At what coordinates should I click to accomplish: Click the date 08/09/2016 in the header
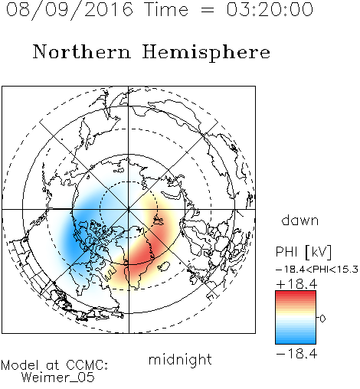(x=70, y=10)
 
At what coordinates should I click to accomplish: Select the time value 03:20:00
(x=270, y=10)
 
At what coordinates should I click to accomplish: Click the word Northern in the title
(x=82, y=51)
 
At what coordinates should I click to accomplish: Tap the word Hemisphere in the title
(x=206, y=53)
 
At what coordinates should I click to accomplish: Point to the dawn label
(x=300, y=220)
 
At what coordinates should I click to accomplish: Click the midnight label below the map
(x=180, y=359)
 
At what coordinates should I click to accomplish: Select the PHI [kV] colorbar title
(x=304, y=252)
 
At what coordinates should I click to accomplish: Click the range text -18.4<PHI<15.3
(x=317, y=270)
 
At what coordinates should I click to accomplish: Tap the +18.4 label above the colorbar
(x=296, y=284)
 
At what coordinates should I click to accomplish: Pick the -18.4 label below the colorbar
(x=296, y=354)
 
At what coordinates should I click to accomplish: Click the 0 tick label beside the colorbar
(x=322, y=319)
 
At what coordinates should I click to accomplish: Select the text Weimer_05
(x=58, y=378)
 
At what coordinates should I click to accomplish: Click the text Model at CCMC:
(x=54, y=365)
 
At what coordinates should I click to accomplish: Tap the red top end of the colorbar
(x=296, y=293)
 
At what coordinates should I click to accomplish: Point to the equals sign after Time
(x=207, y=10)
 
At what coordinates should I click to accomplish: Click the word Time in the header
(x=166, y=10)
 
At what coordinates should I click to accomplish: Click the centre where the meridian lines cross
(x=129, y=209)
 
